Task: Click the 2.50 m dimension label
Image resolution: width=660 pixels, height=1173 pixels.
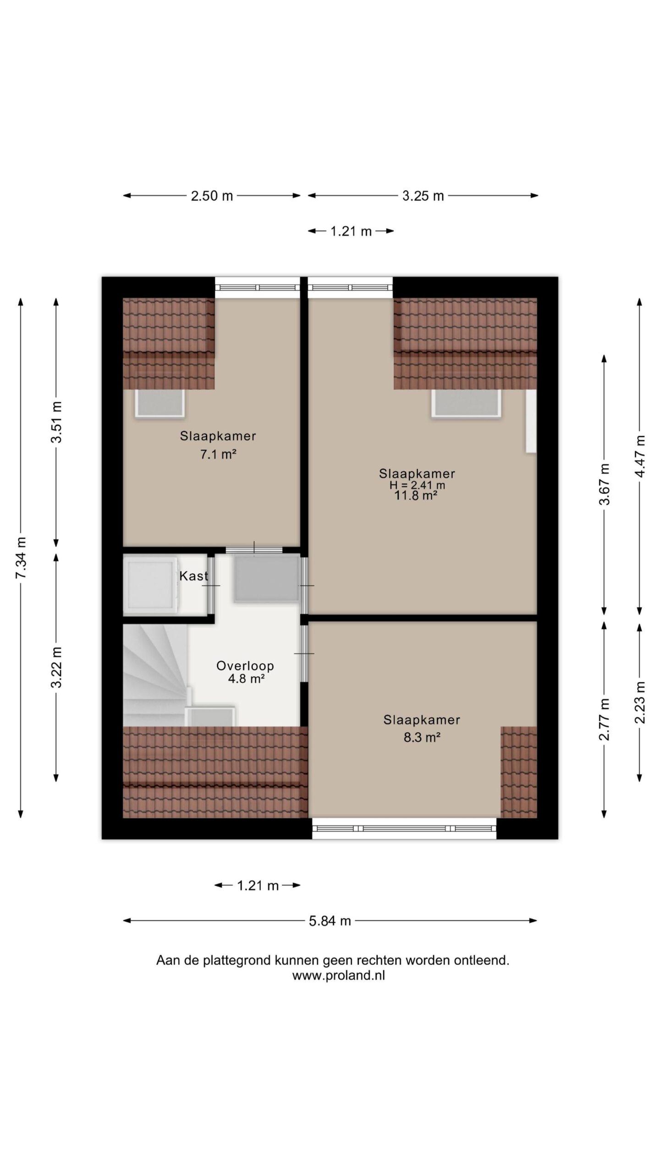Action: click(212, 196)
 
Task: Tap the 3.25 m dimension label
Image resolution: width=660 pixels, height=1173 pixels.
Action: click(423, 196)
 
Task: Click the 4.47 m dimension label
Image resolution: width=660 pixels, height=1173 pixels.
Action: click(640, 456)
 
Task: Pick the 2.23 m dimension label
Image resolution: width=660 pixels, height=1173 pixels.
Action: click(640, 702)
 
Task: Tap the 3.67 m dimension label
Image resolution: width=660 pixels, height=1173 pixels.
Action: click(605, 484)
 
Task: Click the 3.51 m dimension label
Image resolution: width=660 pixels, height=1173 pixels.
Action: click(56, 422)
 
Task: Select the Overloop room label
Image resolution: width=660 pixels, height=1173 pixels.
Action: click(245, 666)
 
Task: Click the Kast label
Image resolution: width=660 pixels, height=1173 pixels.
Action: click(193, 576)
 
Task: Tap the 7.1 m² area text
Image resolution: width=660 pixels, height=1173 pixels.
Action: click(218, 455)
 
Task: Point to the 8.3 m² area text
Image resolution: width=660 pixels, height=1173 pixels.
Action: click(422, 737)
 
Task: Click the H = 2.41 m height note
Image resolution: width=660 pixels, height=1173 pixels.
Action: click(417, 485)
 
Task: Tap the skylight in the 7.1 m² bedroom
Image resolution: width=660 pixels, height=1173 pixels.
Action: click(160, 403)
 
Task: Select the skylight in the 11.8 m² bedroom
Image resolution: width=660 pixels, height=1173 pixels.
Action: click(466, 403)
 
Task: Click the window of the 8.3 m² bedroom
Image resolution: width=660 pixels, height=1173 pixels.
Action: click(404, 828)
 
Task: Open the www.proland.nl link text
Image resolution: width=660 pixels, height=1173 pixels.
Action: click(339, 976)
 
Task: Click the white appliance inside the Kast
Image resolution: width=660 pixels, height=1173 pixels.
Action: click(151, 584)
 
